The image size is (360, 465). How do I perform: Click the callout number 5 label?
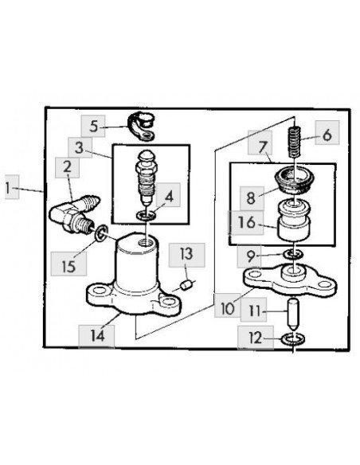[94, 127]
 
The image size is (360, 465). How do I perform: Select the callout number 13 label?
[186, 255]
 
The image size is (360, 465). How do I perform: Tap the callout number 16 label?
[246, 222]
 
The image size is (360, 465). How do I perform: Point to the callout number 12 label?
[256, 338]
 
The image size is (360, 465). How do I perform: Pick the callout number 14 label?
[97, 336]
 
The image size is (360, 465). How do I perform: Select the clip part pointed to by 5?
[141, 127]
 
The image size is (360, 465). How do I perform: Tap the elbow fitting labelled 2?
[74, 214]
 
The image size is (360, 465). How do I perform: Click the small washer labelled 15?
[101, 232]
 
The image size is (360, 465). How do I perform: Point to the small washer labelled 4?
[147, 215]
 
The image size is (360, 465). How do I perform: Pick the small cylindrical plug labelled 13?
[186, 286]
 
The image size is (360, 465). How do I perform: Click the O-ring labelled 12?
[294, 339]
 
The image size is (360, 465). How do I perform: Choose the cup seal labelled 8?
[293, 179]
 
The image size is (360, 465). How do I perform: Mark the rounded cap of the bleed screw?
[147, 156]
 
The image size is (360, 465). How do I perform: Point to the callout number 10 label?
[228, 309]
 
